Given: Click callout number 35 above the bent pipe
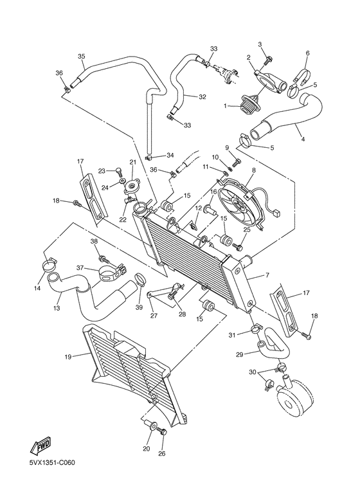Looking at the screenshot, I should (82, 57).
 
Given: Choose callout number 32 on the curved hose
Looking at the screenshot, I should (203, 97).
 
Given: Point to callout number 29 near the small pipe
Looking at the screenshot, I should (239, 354).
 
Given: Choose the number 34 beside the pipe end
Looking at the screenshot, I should (170, 156).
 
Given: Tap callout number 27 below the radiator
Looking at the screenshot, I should (153, 316).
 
